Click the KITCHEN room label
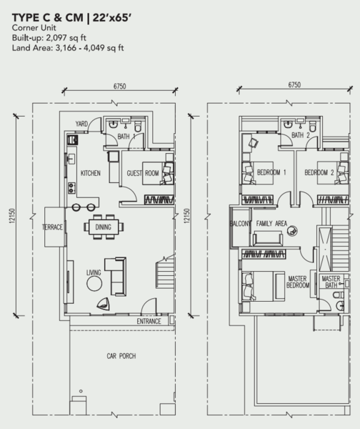click(x=91, y=173)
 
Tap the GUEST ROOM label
click(x=143, y=173)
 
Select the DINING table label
click(x=104, y=227)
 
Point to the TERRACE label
click(x=52, y=227)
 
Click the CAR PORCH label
click(x=121, y=356)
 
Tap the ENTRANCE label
click(x=149, y=321)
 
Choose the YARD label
click(x=81, y=124)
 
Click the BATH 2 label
click(x=301, y=135)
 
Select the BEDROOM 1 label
click(x=271, y=172)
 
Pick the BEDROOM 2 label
click(x=319, y=172)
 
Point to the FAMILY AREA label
click(x=271, y=224)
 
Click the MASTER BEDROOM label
click(x=298, y=282)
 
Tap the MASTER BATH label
click(x=331, y=282)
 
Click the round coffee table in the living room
click(x=94, y=284)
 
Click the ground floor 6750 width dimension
click(x=120, y=87)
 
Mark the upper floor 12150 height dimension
click(x=187, y=216)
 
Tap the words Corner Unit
click(x=34, y=28)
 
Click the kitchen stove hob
click(x=71, y=188)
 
